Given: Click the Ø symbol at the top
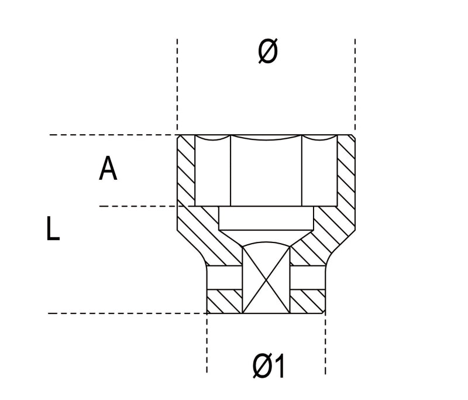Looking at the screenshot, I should click(x=267, y=53).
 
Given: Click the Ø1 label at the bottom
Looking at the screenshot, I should click(x=269, y=367).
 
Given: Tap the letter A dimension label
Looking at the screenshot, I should click(x=108, y=169).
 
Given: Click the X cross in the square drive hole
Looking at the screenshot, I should click(x=266, y=279).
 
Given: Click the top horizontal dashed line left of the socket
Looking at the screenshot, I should click(x=111, y=135).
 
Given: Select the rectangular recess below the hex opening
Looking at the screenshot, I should click(x=266, y=218).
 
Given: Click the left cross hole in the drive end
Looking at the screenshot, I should click(x=224, y=278).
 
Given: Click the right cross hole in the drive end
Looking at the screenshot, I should click(x=307, y=278).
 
